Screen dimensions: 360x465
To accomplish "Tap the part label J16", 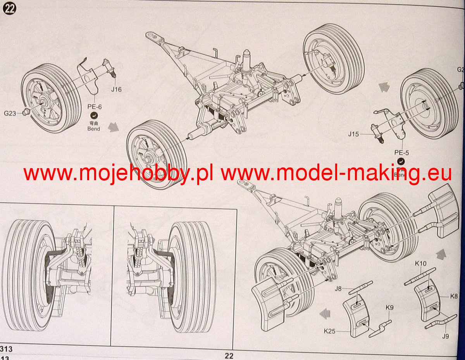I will pyautogui.click(x=116, y=90).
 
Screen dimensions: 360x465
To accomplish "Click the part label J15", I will pyautogui.click(x=353, y=134).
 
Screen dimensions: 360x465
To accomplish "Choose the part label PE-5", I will pyautogui.click(x=402, y=153).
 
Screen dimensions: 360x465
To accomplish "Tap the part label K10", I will pyautogui.click(x=420, y=264).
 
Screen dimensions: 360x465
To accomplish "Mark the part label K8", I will pyautogui.click(x=454, y=296).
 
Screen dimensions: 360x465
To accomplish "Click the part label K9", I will pyautogui.click(x=389, y=308).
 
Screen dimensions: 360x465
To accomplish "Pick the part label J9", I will pyautogui.click(x=445, y=336).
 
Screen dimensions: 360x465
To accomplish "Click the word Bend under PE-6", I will pyautogui.click(x=93, y=129).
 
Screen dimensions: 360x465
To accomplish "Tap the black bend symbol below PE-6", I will pyautogui.click(x=93, y=115).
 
